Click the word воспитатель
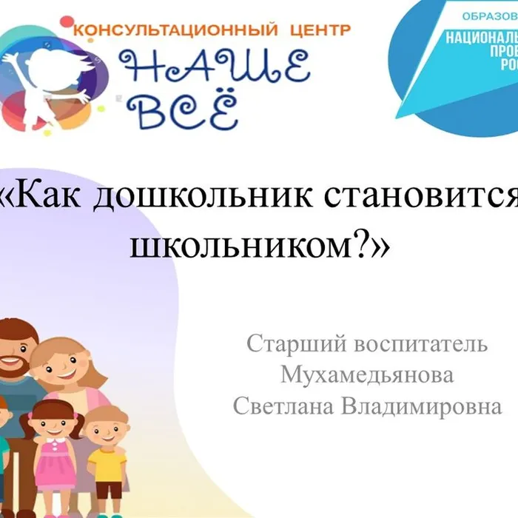[x=421, y=344]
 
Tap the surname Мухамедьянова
[x=367, y=375]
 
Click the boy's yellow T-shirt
[x=107, y=462]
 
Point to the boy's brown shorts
[x=108, y=490]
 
